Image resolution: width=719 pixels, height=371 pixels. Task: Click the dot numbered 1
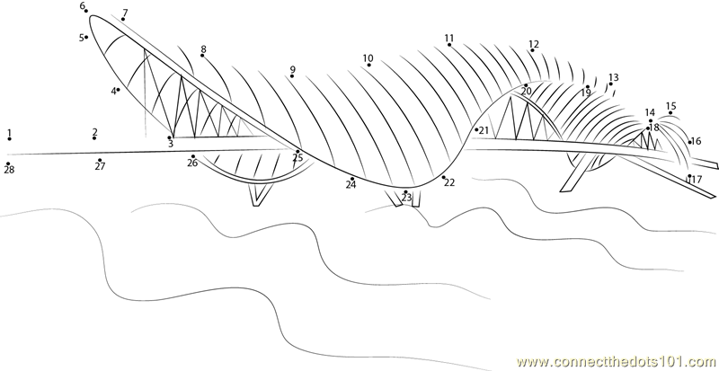[9, 140]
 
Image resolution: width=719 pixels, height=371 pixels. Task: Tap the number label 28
[9, 170]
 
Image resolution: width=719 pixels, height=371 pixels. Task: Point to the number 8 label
[203, 49]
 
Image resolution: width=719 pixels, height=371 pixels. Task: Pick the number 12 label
[534, 44]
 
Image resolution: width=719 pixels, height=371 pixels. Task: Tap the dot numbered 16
[689, 141]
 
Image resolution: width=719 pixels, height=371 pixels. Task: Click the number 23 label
[406, 198]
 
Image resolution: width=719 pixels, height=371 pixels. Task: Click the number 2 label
[94, 132]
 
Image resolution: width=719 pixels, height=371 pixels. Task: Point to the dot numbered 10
[368, 65]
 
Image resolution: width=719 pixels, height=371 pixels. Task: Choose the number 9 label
[292, 69]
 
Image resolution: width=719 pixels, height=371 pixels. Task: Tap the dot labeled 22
[443, 177]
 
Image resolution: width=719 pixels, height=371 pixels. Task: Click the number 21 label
[484, 131]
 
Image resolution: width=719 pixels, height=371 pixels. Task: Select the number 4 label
[114, 91]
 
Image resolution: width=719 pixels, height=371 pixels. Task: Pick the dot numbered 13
[610, 84]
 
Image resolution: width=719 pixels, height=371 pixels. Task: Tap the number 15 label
[670, 106]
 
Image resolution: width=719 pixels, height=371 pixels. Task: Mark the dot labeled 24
[352, 179]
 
